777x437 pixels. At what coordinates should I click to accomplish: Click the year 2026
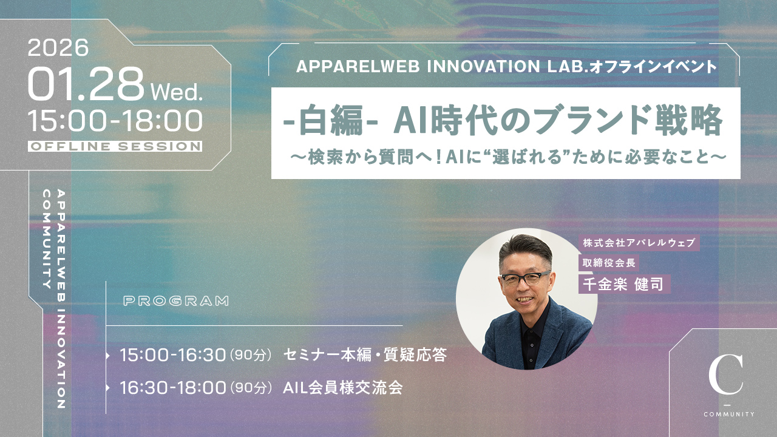click(58, 47)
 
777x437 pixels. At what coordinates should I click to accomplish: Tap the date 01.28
click(86, 84)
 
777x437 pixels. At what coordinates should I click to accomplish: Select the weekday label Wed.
click(177, 92)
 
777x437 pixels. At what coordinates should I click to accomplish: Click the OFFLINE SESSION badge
click(115, 146)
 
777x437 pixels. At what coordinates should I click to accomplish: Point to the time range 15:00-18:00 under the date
click(115, 121)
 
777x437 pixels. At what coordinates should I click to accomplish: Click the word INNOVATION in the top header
click(483, 66)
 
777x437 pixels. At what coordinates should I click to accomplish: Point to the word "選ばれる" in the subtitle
click(525, 157)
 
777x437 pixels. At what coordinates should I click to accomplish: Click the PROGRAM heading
click(176, 300)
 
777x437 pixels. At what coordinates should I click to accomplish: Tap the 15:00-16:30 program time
click(173, 355)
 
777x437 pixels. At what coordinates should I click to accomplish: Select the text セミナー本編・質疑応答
click(365, 355)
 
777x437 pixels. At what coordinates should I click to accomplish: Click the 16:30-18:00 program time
click(173, 387)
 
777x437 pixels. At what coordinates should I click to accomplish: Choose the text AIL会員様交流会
click(343, 387)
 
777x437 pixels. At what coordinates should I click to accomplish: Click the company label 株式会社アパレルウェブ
click(639, 243)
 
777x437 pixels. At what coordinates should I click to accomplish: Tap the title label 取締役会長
click(609, 263)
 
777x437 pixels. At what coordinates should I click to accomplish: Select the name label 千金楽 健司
click(624, 284)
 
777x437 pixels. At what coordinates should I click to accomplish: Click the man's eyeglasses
click(524, 279)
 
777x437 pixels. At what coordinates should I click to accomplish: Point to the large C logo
click(725, 374)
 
